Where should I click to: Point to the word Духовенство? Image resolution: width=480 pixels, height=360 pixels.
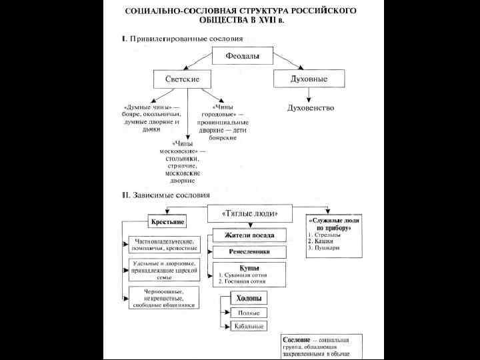[310, 108]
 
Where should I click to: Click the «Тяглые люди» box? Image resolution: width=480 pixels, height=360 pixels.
[243, 213]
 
